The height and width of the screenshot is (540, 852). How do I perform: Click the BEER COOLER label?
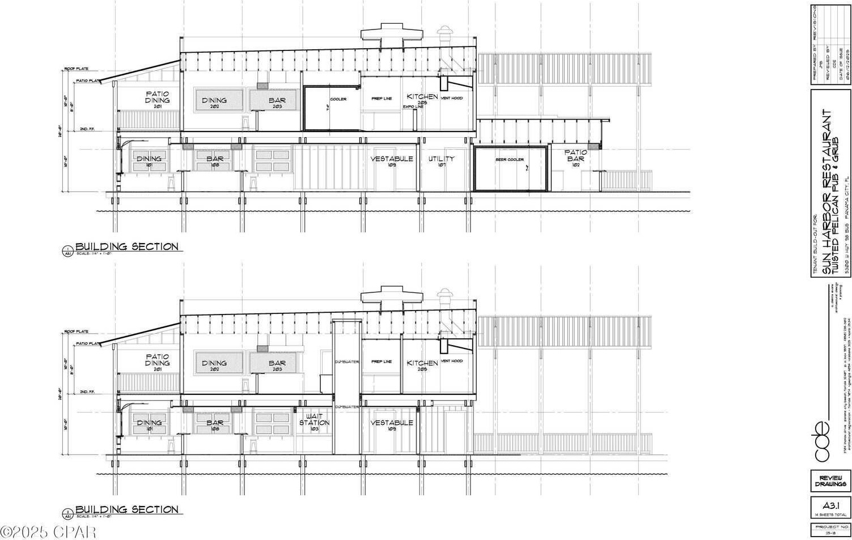[x=510, y=160]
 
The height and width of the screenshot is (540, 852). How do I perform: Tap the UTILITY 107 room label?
[x=441, y=161]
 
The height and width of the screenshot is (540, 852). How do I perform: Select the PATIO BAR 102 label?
[x=575, y=158]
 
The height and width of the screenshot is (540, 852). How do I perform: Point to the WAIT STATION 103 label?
[x=314, y=422]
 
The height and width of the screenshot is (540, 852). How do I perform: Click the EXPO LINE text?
[x=413, y=107]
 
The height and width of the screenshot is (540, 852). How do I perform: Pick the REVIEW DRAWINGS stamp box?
[x=830, y=481]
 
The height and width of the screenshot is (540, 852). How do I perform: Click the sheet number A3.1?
[x=830, y=505]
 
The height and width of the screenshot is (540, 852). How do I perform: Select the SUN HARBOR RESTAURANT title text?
[x=827, y=192]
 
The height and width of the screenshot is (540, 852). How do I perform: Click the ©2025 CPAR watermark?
[x=48, y=532]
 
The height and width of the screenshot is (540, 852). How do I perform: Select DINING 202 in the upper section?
[x=214, y=103]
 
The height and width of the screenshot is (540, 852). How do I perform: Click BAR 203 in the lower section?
[x=277, y=365]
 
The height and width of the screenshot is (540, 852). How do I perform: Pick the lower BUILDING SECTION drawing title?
[x=127, y=509]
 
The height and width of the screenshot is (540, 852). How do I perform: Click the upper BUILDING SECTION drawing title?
[x=127, y=246]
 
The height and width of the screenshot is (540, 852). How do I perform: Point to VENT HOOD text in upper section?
[x=451, y=98]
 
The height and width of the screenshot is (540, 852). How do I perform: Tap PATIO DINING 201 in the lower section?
[x=157, y=360]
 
